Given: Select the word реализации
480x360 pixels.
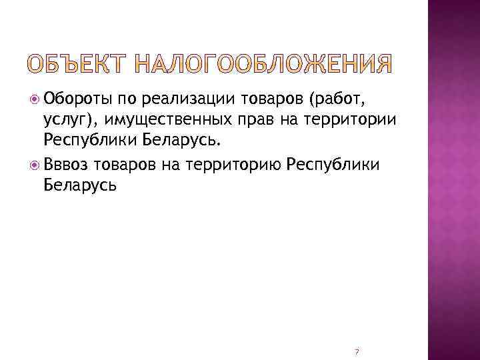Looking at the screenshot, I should [186, 101].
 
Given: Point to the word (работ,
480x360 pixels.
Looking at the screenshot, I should [336, 101].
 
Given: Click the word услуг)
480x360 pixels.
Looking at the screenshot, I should [69, 121].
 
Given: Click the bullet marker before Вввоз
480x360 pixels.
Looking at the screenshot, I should [35, 164].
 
